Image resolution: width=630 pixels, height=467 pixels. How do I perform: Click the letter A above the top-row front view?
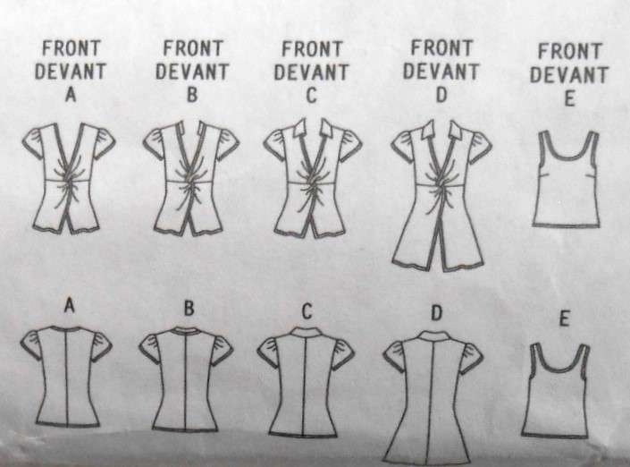coord(71,95)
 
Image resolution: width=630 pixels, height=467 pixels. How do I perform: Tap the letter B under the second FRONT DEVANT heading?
coord(190,95)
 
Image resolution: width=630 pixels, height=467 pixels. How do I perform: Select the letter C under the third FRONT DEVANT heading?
coord(310,96)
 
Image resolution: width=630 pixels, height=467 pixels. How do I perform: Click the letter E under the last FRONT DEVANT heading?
coord(569,100)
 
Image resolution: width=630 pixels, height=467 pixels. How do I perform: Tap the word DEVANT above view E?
coord(569,76)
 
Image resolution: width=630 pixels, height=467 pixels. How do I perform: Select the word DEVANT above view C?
coord(310,72)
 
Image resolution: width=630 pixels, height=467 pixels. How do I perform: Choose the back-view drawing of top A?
coord(67,376)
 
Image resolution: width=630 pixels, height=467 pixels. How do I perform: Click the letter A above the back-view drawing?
coord(69,308)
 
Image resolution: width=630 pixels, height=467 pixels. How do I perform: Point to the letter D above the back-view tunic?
coord(436,314)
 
